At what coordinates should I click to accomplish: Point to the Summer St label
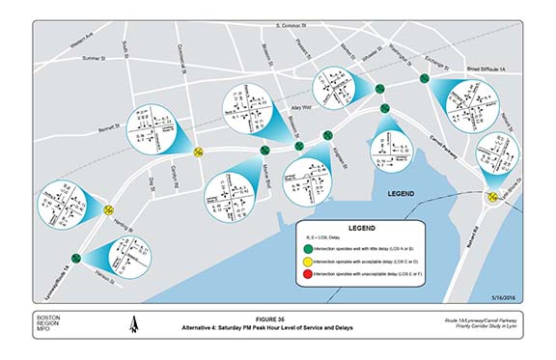point(96,58)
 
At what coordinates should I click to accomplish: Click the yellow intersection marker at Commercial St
point(197,151)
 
